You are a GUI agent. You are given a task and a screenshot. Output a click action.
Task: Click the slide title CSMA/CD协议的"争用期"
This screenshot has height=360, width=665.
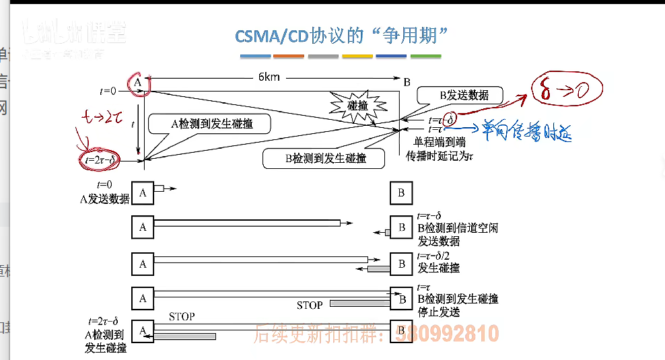(x=341, y=36)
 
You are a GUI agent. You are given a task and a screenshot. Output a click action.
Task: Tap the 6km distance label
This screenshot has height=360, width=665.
(x=269, y=77)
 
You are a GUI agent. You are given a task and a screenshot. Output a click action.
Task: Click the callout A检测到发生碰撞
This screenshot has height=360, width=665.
(x=211, y=124)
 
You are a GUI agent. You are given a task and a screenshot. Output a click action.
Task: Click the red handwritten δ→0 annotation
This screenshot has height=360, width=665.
(x=565, y=88)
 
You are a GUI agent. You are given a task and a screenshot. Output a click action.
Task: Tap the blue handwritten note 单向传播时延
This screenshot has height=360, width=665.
(x=525, y=131)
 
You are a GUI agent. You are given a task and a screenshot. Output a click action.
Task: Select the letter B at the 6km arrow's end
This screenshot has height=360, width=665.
(x=407, y=81)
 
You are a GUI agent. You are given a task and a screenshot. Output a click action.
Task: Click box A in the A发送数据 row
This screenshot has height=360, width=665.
(x=143, y=193)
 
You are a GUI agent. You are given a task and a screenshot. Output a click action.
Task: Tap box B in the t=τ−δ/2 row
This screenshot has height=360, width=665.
(x=401, y=264)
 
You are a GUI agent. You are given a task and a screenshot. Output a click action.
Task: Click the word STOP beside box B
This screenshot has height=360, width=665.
(x=310, y=305)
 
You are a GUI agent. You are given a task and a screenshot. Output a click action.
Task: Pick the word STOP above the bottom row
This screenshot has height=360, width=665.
(x=182, y=316)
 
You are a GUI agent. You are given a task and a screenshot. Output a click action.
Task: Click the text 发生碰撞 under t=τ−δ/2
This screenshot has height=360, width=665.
(x=439, y=268)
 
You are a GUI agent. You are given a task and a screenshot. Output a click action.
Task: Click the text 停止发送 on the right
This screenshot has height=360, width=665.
(x=439, y=312)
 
